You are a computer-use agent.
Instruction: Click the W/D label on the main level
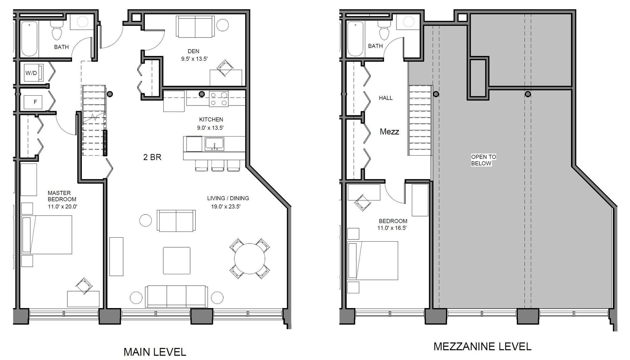click(31, 73)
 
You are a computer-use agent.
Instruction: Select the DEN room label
click(193, 51)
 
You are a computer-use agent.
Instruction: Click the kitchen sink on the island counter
click(214, 144)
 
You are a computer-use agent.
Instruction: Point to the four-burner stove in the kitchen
click(218, 99)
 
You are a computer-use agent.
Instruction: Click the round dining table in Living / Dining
click(249, 258)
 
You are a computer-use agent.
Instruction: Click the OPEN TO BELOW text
click(483, 160)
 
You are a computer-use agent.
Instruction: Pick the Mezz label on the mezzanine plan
click(389, 132)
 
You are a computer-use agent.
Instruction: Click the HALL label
click(385, 98)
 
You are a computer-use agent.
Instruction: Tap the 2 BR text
click(152, 157)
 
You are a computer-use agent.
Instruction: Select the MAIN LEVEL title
click(155, 352)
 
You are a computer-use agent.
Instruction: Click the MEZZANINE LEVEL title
click(482, 346)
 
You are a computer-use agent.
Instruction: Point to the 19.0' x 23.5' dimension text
click(225, 207)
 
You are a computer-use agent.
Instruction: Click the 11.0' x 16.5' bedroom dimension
click(392, 228)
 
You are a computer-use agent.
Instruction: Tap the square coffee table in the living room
click(177, 260)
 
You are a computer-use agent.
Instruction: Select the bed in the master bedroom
click(47, 235)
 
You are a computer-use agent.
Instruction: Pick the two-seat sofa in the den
click(195, 26)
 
